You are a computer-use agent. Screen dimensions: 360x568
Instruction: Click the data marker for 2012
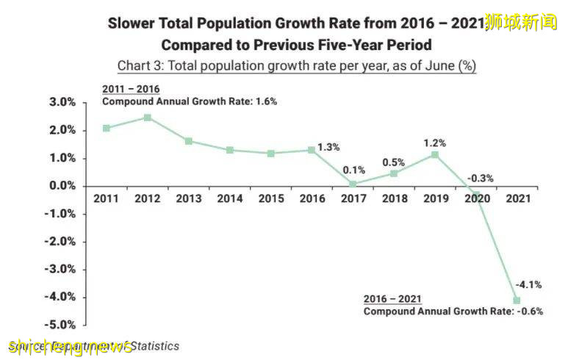148,118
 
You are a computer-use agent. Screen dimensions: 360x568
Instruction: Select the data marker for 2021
517,300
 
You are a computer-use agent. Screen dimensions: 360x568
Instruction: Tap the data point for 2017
353,184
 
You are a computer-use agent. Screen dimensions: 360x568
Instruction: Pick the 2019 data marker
435,154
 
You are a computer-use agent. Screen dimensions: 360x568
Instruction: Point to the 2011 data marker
107,128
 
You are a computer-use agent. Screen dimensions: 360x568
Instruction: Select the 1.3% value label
329,147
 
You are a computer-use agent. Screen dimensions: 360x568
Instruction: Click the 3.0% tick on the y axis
64,102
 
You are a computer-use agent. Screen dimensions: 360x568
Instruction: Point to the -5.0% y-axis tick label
62,325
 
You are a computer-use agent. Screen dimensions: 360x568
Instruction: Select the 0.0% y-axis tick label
64,186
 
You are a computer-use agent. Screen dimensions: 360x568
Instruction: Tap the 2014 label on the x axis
230,198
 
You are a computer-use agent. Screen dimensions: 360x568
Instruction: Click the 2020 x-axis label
476,198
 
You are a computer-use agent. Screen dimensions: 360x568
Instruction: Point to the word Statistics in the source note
154,345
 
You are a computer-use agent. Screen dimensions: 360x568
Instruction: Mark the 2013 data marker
189,141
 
